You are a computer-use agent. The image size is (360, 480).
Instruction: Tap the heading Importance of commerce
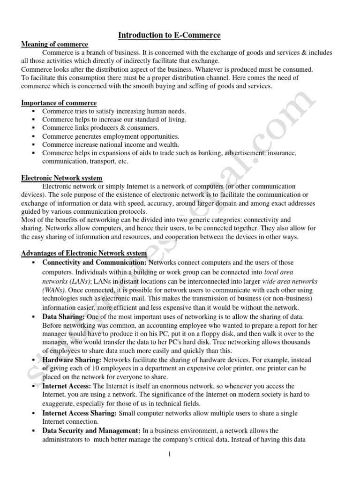coord(59,103)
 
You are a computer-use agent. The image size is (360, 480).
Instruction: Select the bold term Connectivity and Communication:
coord(94,262)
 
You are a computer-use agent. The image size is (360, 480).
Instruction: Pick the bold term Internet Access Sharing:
coord(80,413)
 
